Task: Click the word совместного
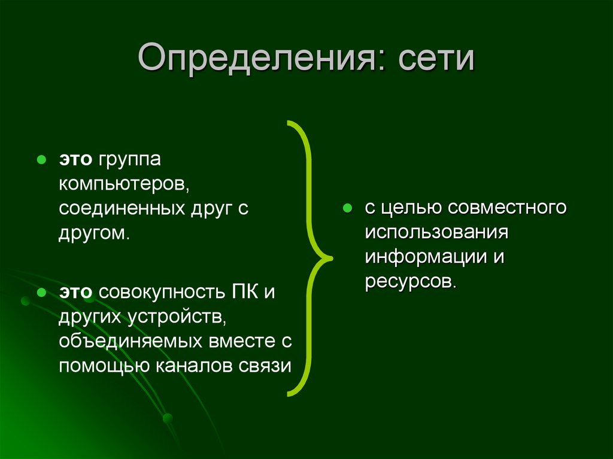coord(506,209)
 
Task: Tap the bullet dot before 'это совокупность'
coord(41,294)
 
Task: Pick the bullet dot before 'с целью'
coord(347,209)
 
